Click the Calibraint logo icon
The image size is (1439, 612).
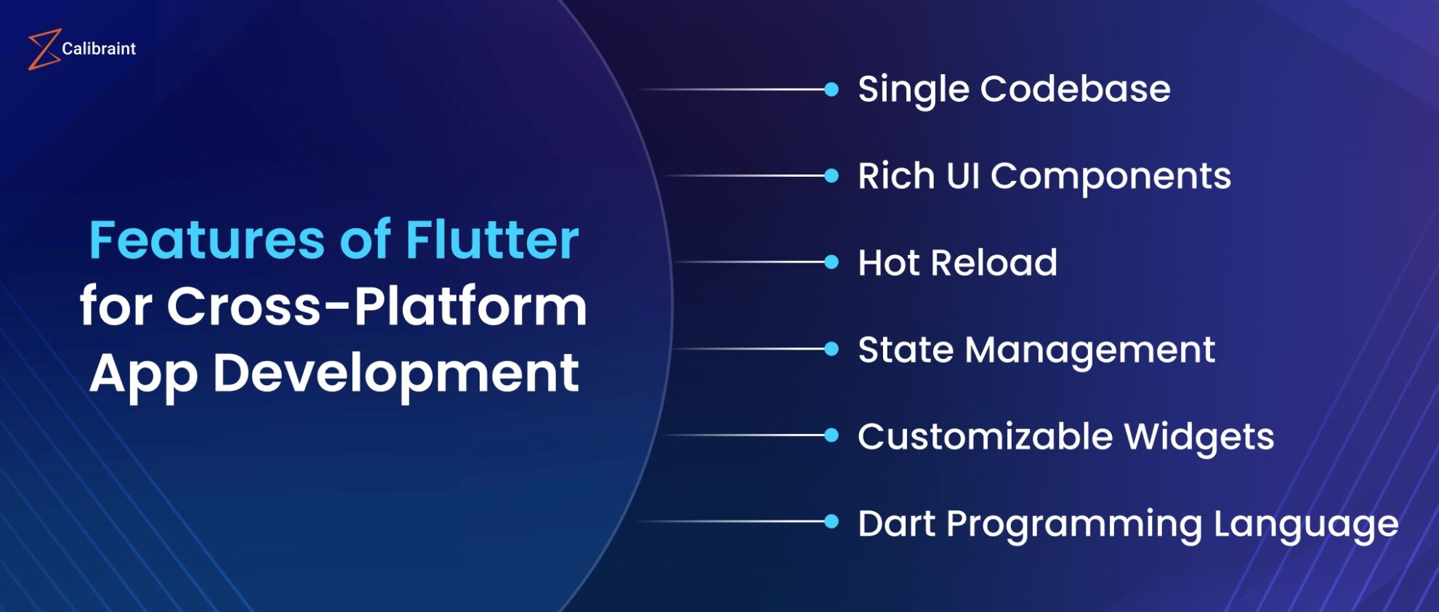point(43,49)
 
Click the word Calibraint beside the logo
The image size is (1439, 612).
point(99,49)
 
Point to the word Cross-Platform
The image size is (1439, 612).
point(376,306)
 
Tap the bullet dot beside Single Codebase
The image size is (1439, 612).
point(831,89)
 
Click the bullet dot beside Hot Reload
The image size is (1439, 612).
point(831,262)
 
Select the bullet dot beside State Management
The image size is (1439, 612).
point(831,350)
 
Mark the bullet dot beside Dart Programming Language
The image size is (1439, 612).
point(831,521)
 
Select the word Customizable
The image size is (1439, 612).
point(985,437)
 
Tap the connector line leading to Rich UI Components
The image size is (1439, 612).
point(749,176)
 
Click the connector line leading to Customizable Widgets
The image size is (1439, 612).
point(749,435)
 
